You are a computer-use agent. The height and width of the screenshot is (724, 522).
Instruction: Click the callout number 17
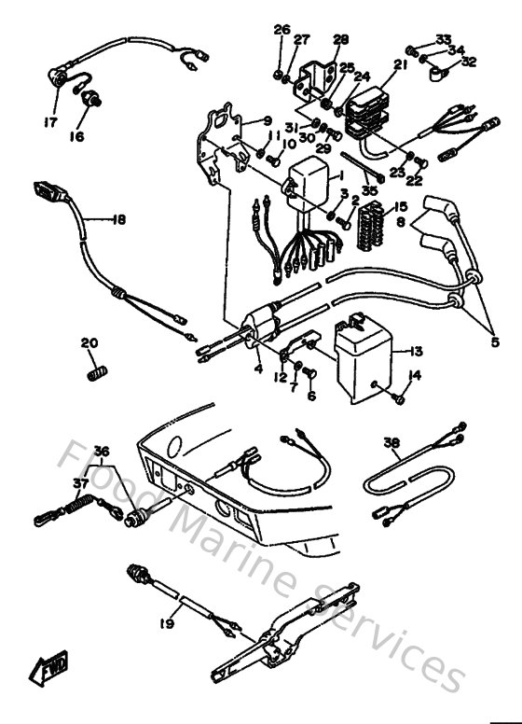49,122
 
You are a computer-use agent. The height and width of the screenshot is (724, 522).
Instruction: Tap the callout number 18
117,220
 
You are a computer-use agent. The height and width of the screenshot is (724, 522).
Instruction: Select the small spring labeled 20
93,373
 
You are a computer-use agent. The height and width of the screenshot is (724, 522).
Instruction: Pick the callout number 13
416,352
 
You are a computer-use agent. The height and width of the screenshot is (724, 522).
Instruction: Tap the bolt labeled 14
399,398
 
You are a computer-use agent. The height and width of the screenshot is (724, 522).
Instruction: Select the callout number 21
400,64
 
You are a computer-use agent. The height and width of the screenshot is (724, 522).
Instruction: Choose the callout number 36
101,452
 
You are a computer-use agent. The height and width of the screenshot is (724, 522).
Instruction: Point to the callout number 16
76,136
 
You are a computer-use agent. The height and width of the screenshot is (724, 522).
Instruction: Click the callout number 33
443,39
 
